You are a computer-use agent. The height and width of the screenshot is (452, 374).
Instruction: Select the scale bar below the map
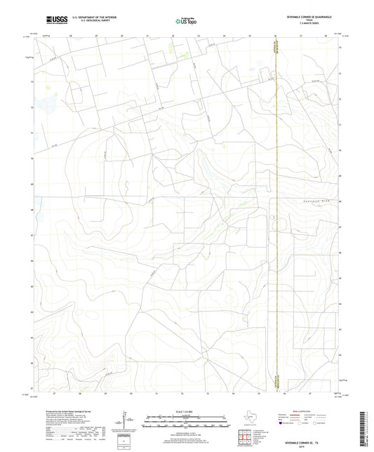[x=186, y=423]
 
